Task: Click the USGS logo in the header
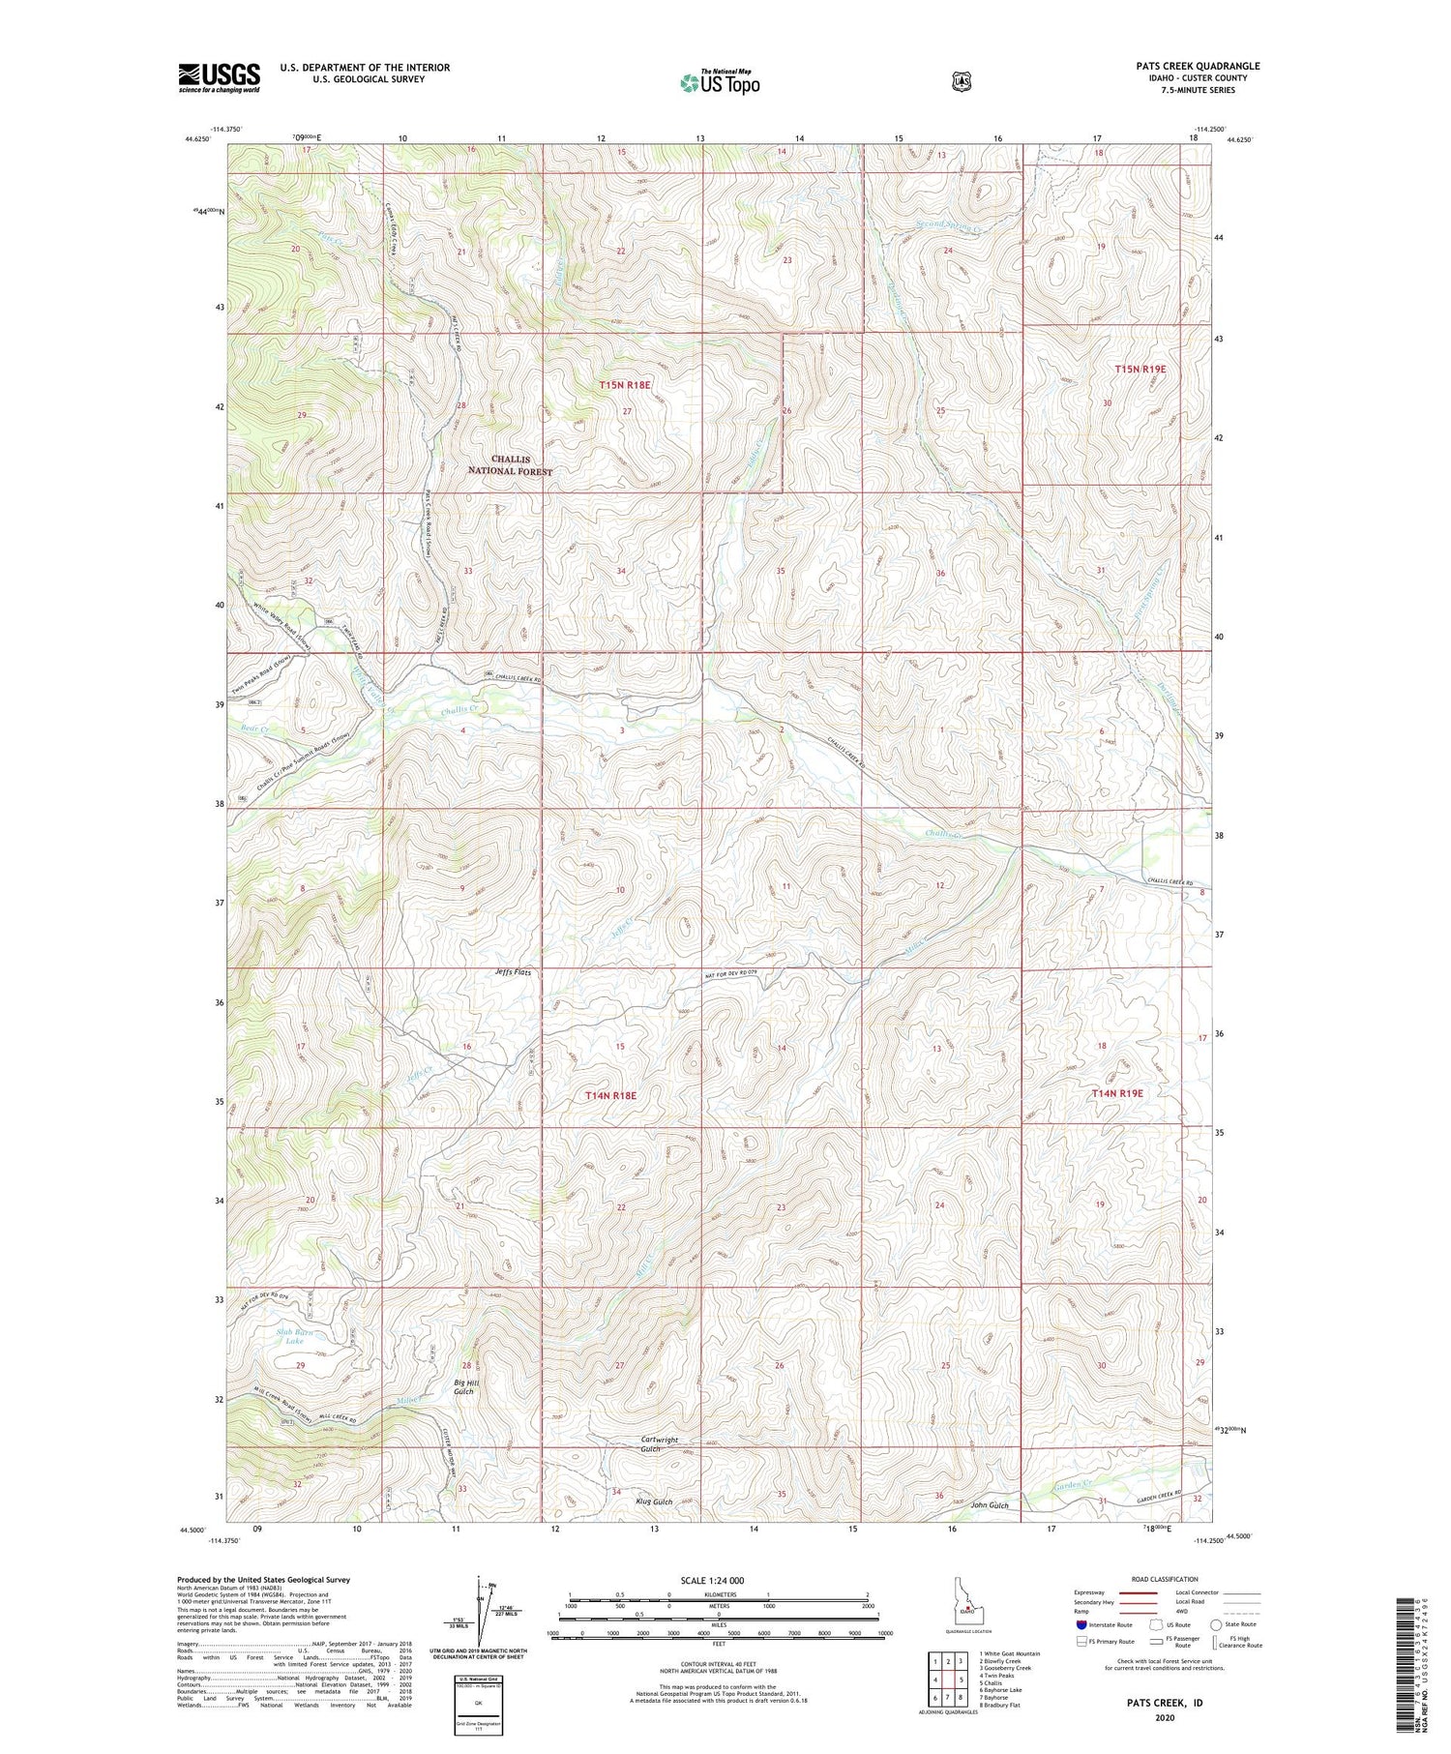tap(219, 77)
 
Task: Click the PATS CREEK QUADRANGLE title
tap(1198, 67)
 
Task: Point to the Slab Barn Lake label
tap(294, 1337)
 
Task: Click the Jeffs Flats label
tap(512, 971)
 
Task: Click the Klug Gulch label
tap(654, 1502)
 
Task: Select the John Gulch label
tap(990, 1505)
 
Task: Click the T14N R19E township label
tap(1117, 1093)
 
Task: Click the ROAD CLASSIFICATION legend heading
tap(1160, 1579)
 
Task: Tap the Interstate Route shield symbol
tap(1081, 1624)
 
